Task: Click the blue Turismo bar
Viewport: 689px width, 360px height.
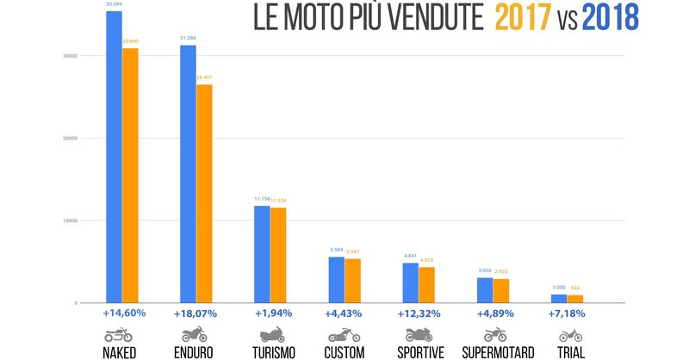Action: [261, 254]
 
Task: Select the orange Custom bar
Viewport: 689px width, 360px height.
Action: [352, 281]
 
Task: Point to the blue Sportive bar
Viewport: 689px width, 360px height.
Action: [409, 282]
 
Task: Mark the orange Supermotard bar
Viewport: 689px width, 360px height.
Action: [500, 290]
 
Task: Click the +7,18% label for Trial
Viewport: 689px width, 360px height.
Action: [566, 313]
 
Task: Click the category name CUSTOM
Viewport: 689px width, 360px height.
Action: [344, 352]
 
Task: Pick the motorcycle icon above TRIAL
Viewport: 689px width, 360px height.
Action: [571, 335]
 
